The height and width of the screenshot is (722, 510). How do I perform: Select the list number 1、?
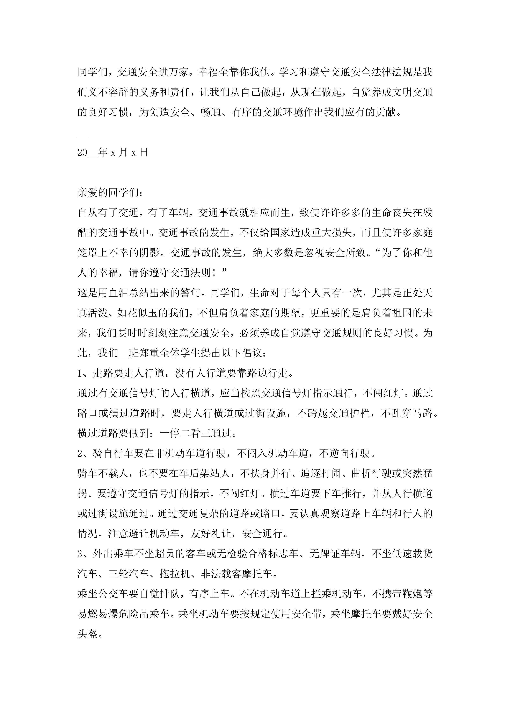[x=84, y=373]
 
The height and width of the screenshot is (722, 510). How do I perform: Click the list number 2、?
[x=84, y=454]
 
